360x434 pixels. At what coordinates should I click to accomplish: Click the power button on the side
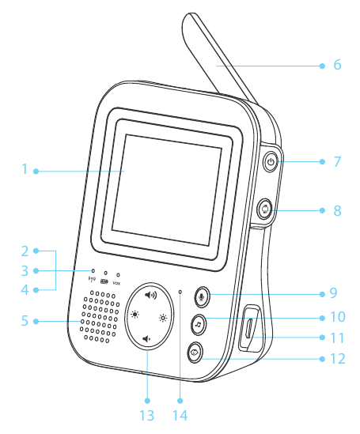pos(271,162)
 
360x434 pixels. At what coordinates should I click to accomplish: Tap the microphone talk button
pos(202,296)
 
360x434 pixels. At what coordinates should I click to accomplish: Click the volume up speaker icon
pos(150,296)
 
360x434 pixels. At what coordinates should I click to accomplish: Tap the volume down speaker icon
pos(146,339)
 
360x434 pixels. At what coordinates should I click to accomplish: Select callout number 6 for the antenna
pos(337,65)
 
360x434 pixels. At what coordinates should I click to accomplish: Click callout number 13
pos(146,416)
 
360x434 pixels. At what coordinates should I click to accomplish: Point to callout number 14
pos(180,416)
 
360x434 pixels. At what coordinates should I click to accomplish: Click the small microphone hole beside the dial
pos(180,292)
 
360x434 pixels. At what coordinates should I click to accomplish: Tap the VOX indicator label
pos(117,283)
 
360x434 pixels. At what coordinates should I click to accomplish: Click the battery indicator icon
pos(104,281)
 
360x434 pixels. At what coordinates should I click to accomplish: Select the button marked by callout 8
pos(264,209)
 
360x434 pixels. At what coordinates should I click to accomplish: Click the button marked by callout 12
pos(195,353)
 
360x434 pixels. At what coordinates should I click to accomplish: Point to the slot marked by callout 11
pos(249,328)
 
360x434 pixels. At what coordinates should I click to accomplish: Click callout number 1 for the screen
pos(25,169)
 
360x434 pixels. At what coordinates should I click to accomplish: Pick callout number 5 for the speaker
pos(25,320)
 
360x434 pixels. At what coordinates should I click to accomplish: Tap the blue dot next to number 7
pos(322,161)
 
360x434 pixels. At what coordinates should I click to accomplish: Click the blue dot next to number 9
pos(322,294)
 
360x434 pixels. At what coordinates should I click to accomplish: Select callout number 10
pos(338,317)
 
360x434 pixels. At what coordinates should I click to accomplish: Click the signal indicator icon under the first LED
pos(92,279)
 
